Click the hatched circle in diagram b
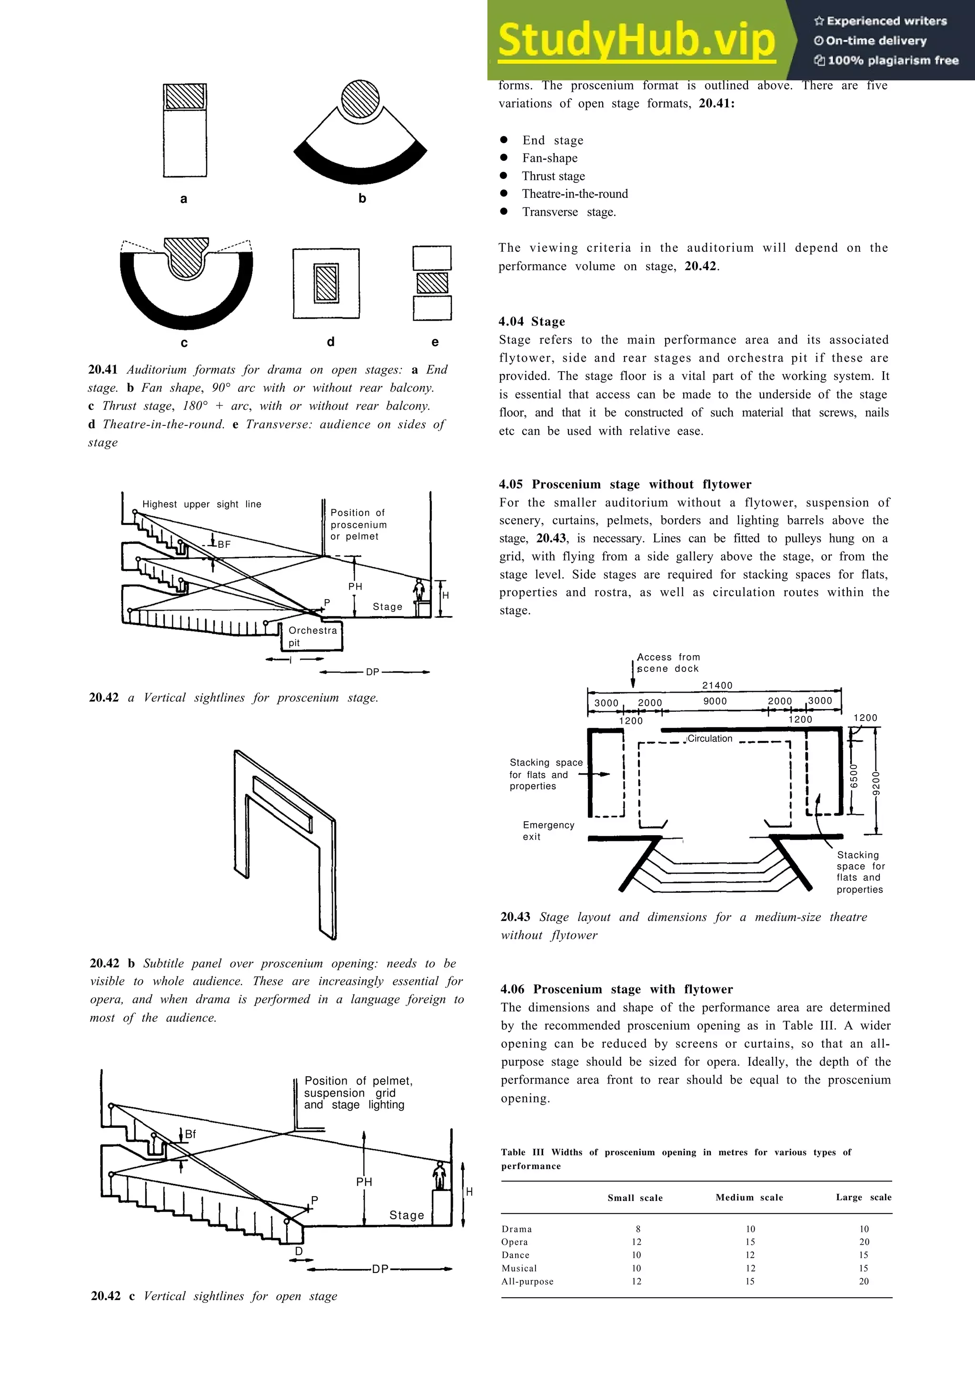360,98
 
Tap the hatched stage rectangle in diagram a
185,97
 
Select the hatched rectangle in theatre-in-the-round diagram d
326,283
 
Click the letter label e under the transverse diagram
435,342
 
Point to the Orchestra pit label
312,636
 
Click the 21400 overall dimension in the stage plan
717,685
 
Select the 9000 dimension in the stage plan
715,701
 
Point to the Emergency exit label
548,831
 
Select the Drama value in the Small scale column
637,1229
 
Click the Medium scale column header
749,1197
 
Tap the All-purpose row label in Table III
527,1281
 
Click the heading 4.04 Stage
532,321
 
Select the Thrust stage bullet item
553,176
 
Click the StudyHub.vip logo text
636,39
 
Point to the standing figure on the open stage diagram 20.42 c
440,1175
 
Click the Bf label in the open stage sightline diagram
190,1134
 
